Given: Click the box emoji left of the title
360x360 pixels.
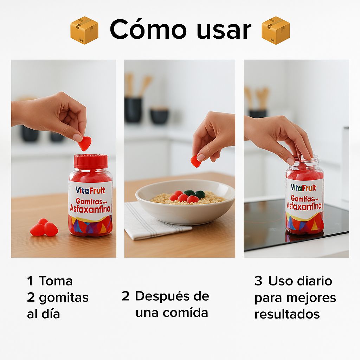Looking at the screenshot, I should point(84,30).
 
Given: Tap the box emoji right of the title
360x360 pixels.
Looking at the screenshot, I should point(276,30).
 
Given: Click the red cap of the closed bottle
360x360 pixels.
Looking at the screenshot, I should point(90,162).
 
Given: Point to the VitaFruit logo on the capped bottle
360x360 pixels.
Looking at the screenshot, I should point(90,190).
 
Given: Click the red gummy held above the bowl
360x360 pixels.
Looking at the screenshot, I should point(196,161).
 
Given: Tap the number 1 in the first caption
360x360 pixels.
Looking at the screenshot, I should point(30,281).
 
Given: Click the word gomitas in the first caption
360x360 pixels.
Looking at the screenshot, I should point(64,298).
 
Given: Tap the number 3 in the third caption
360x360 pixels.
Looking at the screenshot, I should point(258,281).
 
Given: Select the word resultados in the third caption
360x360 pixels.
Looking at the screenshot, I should point(287,314).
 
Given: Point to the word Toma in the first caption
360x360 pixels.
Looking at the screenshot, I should point(56,281).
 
